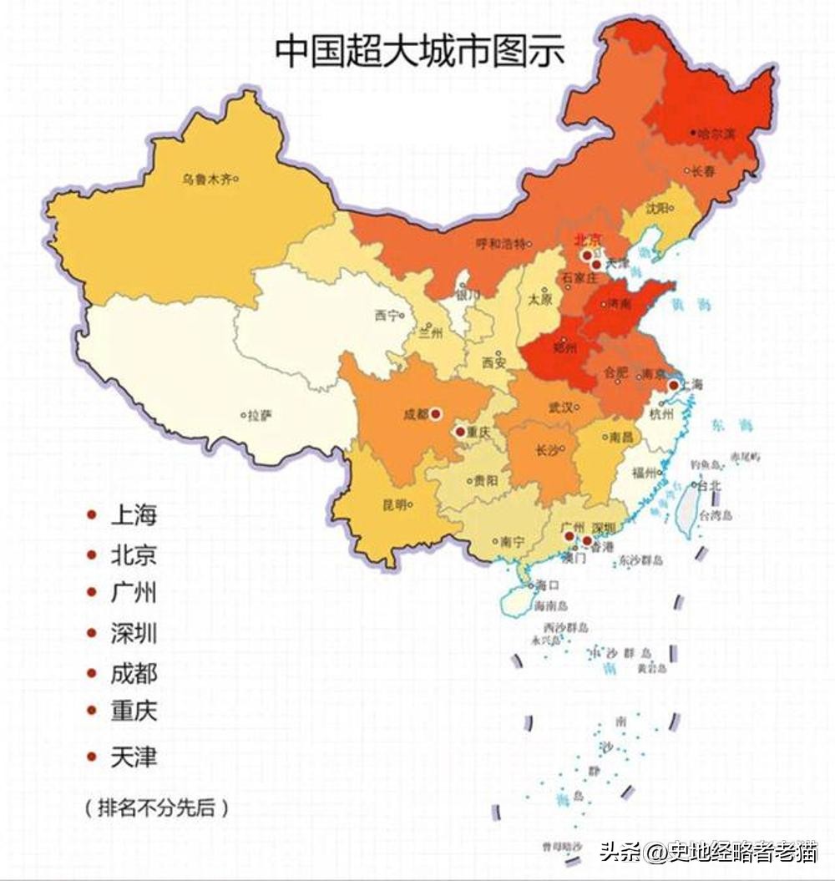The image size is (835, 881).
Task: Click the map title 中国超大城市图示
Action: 420,51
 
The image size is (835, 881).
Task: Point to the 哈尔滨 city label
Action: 716,133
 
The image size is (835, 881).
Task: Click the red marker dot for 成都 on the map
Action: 435,413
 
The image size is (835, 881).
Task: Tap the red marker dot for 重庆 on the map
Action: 459,432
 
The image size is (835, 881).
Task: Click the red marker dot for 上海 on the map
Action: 673,385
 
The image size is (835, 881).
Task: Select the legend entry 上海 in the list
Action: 134,515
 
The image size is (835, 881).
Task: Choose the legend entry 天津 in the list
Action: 134,757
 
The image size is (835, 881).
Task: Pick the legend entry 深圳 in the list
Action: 134,633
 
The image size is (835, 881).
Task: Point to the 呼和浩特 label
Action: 499,244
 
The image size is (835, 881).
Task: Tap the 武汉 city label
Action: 559,408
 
